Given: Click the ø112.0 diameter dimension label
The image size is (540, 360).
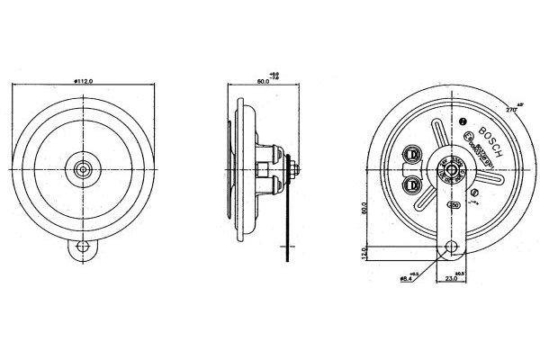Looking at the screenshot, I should click(x=85, y=82).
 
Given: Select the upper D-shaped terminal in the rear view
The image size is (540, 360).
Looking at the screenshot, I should click(x=413, y=154).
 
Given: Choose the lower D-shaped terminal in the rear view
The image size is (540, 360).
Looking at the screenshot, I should click(x=412, y=185).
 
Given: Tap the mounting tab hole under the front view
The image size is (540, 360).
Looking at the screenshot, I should click(x=84, y=246).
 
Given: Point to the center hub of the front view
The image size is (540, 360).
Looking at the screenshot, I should click(x=84, y=166).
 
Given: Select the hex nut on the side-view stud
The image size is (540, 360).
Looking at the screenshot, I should click(x=294, y=167).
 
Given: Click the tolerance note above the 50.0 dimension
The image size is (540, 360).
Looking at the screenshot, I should click(x=274, y=73).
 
